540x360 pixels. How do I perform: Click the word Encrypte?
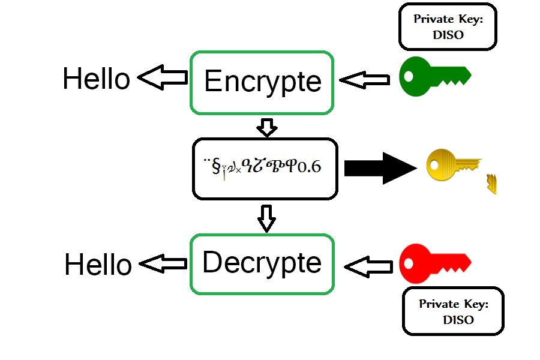262,82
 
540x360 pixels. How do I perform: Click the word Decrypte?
262,263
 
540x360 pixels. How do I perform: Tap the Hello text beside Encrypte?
96,79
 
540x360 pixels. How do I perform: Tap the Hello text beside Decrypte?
98,265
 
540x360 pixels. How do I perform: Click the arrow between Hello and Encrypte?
162,78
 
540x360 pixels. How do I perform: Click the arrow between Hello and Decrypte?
163,263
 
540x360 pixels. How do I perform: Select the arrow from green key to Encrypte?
364,80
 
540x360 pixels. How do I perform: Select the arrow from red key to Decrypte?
368,266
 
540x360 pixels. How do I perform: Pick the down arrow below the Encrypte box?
266,127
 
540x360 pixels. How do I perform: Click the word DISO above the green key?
448,35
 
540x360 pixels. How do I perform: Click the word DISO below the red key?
458,320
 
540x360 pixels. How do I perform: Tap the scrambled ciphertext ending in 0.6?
262,167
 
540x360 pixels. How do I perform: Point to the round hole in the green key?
409,77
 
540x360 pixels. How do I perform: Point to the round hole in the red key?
409,263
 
